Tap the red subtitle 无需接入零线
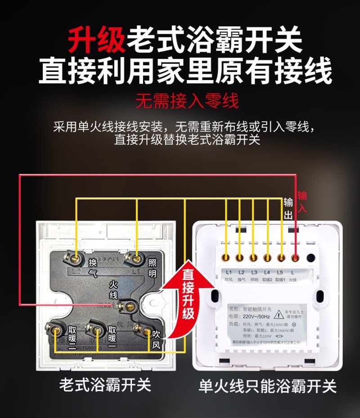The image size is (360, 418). [187, 101]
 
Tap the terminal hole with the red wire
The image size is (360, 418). [295, 258]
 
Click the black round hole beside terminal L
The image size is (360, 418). [310, 258]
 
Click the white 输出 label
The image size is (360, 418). [288, 209]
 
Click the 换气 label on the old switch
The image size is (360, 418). [93, 268]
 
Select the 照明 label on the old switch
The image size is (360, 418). [152, 267]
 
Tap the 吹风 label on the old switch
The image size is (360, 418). [157, 340]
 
